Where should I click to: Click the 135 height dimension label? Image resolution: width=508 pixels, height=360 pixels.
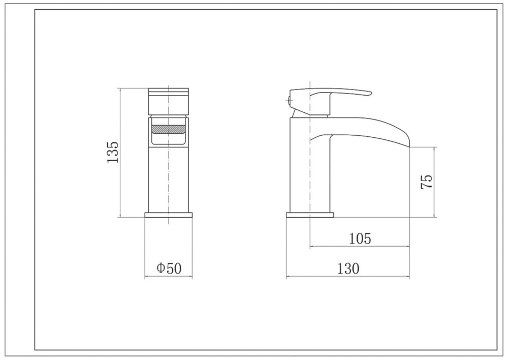113,153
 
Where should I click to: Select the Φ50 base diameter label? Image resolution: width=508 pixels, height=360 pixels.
169,268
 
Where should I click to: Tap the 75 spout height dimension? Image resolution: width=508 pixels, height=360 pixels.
426,182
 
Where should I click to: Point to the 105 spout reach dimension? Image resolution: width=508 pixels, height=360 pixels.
360,238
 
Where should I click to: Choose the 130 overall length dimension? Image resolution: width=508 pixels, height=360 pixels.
348,268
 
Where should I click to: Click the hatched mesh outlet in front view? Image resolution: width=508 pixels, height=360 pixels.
169,129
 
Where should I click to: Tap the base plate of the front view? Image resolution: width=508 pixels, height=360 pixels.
169,215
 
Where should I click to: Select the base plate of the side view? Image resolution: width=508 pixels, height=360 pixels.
310,215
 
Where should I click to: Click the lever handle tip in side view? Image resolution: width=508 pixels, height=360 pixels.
369,94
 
